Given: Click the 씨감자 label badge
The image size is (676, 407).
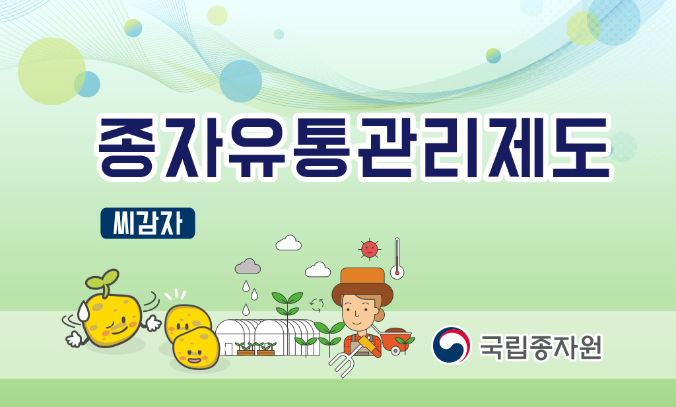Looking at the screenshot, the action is pos(147,223).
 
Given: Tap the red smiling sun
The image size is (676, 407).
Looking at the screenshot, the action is pos(369,249).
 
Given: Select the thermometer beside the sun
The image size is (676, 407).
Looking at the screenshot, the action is pos(397,258).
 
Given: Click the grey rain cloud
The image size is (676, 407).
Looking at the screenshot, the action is pos(248,266).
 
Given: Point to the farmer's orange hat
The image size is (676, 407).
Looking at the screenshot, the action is pos(362,284).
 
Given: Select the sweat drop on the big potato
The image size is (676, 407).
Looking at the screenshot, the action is pos(83,311).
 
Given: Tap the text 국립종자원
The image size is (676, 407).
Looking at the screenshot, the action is pos(541,347).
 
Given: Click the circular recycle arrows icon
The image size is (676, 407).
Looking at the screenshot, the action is pos(317,305).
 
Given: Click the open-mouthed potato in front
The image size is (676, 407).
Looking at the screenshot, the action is pos(196,348).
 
